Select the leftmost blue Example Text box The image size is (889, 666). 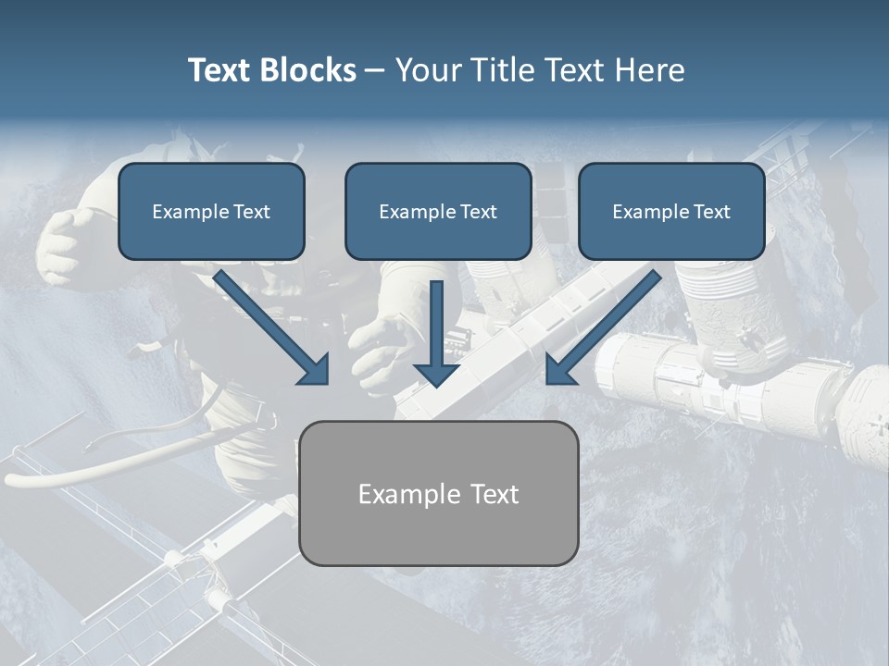[211, 212]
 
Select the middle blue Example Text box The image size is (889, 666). [438, 212]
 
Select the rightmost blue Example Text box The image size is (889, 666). [671, 212]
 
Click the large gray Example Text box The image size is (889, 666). [439, 493]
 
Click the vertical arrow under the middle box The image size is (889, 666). [437, 324]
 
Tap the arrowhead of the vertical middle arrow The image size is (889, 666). [437, 374]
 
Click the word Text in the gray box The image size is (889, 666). [492, 494]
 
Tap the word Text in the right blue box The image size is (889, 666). [712, 212]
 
